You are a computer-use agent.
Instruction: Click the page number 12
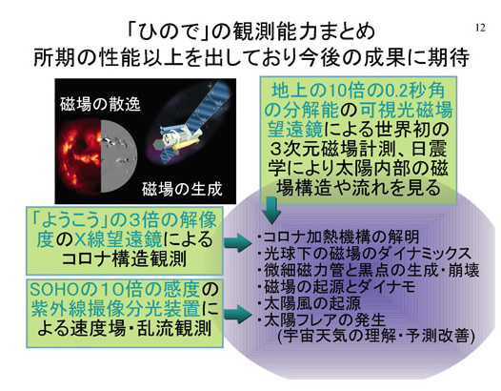tap(481, 28)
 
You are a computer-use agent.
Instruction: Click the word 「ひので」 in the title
tap(168, 32)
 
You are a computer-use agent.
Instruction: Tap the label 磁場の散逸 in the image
tap(100, 104)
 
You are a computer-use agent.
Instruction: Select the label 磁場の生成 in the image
tap(182, 189)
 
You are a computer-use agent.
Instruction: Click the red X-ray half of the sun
tap(80, 156)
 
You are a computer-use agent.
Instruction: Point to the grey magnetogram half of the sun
tap(117, 156)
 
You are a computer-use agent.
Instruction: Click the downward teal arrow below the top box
tap(271, 210)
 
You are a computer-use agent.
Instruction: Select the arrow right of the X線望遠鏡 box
tap(238, 242)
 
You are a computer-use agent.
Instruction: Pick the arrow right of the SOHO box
tap(238, 314)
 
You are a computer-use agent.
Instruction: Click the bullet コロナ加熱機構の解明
tap(339, 237)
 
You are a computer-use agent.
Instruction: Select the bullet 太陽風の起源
tap(310, 303)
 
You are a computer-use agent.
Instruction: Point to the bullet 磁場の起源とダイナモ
tap(337, 286)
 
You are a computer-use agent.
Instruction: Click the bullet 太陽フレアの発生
tap(322, 319)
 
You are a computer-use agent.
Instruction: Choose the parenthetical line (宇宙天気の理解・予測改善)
tap(376, 337)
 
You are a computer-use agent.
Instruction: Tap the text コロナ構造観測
tap(124, 258)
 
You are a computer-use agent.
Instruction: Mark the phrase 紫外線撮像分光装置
tap(116, 308)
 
